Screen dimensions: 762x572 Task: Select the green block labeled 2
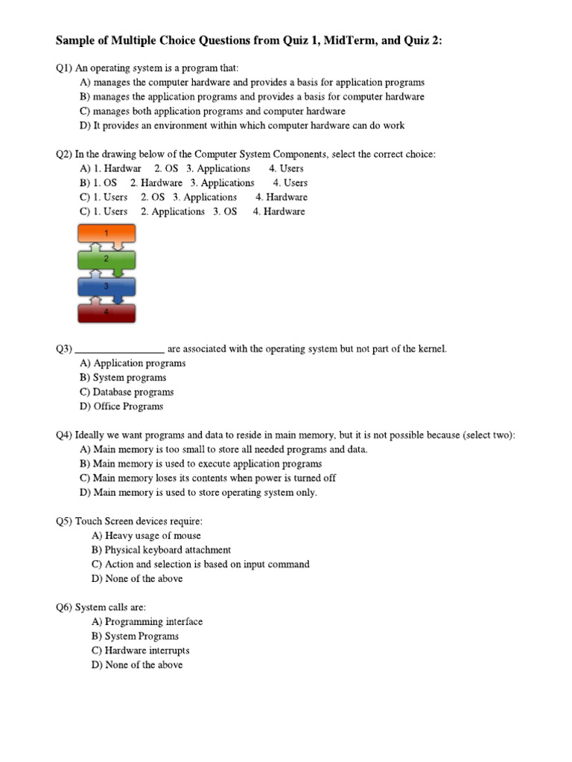[x=107, y=260]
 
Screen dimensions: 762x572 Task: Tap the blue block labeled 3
[x=107, y=286]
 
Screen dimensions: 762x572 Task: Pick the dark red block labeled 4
[x=107, y=313]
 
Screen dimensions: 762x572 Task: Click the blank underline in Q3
[x=120, y=349]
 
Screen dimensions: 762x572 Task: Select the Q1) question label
[x=64, y=68]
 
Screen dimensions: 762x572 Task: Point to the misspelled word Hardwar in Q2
[x=121, y=168]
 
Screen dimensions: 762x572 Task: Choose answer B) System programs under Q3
[x=123, y=377]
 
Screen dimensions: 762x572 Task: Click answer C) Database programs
[x=127, y=392]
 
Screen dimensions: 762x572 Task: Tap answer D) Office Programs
[x=121, y=406]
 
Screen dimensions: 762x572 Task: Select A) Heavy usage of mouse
[x=146, y=536]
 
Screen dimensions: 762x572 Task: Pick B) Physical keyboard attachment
[x=161, y=550]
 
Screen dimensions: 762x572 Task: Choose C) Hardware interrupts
[x=141, y=650]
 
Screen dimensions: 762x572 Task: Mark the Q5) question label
[x=64, y=521]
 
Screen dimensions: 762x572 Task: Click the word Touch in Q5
[x=88, y=521]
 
